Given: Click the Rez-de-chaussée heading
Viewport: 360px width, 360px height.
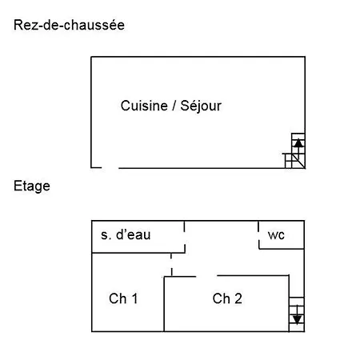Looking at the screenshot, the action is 69,25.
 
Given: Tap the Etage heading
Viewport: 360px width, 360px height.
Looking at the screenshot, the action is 32,186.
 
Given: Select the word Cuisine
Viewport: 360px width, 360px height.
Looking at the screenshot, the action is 144,106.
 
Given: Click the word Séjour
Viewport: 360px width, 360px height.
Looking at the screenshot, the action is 201,106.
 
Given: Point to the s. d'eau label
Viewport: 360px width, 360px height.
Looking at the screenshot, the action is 126,234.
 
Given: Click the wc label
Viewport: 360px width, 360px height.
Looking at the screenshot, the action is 276,235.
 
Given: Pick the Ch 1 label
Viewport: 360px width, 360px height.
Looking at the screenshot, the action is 123,298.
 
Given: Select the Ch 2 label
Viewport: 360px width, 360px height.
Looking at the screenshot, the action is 227,298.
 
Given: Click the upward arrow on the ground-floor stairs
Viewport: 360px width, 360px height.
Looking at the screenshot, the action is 298,146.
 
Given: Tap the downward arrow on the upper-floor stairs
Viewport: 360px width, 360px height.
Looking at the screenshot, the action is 297,315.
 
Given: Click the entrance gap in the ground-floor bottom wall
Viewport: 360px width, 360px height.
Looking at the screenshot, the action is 110,168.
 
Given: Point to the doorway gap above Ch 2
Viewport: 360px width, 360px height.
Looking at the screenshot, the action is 206,276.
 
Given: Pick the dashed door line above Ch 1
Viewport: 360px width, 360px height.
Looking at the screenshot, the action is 171,265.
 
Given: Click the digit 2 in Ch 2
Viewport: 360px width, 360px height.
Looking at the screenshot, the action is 238,298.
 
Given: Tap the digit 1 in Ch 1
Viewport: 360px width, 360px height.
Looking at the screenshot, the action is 135,298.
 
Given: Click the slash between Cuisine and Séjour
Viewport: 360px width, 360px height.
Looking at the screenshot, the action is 174,106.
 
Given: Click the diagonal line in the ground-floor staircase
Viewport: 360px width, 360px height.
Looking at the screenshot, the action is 298,161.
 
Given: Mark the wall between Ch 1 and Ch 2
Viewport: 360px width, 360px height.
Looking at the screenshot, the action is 164,304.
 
